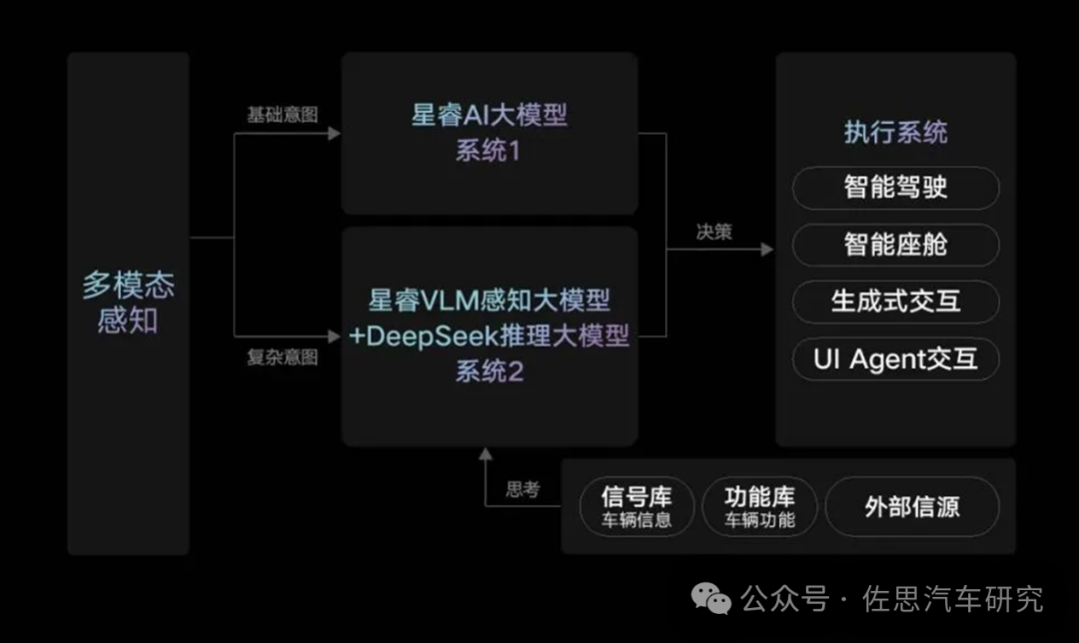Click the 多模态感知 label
128,303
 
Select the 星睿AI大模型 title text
490,115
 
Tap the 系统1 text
490,152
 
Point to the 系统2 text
490,371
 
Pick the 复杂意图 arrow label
283,356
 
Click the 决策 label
714,232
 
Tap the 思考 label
524,489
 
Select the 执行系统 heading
895,133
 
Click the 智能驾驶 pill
895,187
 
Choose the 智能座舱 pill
895,244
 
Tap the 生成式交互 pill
895,302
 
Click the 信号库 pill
636,506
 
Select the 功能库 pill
759,506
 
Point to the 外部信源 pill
911,506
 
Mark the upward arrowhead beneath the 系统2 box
486,455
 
